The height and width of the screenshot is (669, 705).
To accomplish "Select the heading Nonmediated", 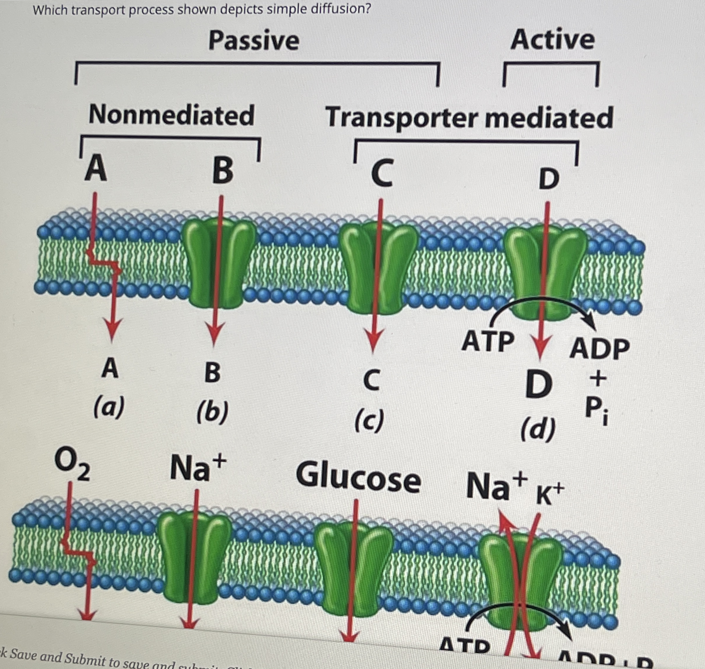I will [171, 115].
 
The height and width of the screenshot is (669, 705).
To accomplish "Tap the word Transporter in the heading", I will [401, 118].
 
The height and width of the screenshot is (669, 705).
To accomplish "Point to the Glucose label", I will [358, 478].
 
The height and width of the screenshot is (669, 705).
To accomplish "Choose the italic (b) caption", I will [213, 412].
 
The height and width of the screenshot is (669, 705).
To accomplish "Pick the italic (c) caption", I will [370, 420].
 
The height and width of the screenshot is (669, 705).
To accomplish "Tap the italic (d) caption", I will [538, 429].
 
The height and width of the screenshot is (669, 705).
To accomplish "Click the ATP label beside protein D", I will [488, 342].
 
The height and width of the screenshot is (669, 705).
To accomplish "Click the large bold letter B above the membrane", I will [223, 171].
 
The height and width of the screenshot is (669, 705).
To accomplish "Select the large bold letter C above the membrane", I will [382, 173].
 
